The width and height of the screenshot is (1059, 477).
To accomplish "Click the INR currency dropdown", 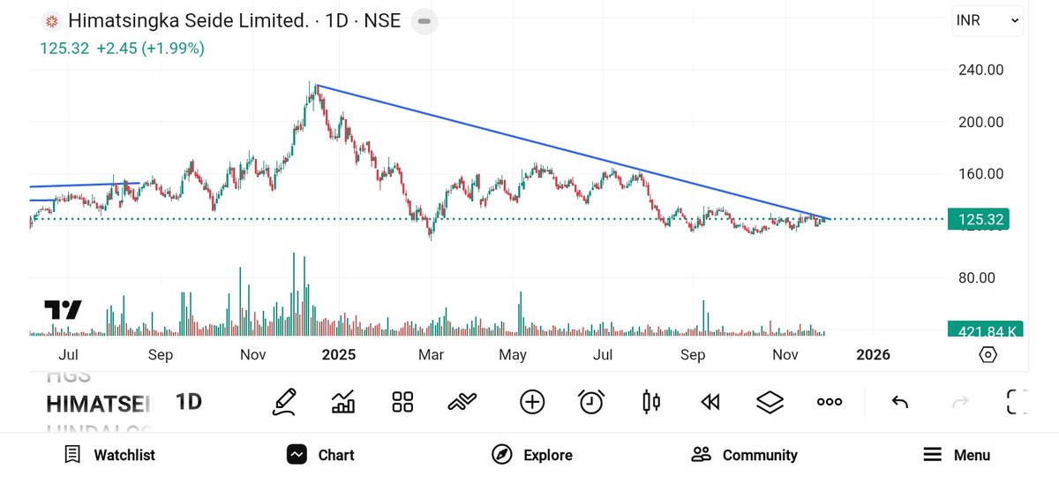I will [988, 19].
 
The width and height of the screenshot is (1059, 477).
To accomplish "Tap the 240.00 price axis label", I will [980, 70].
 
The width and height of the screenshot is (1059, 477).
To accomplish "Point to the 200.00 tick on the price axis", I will [980, 122].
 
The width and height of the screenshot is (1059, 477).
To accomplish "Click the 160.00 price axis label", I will [980, 173].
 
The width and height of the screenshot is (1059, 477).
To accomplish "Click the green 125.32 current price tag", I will [977, 219].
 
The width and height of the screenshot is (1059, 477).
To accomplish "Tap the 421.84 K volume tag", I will [984, 330].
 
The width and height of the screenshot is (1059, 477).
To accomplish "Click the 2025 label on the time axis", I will [338, 355].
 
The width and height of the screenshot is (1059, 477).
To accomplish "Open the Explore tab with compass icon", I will [532, 455].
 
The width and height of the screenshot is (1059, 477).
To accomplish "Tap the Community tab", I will [744, 455].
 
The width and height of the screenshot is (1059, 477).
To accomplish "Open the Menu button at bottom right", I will [957, 455].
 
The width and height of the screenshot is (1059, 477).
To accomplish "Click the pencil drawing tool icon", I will [284, 402].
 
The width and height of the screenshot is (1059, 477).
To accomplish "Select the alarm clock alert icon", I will [591, 402].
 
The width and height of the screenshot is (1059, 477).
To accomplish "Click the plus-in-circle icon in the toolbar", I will [532, 402].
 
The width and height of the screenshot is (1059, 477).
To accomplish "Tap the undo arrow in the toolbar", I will [899, 402].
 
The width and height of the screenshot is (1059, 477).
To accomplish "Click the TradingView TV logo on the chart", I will [63, 310].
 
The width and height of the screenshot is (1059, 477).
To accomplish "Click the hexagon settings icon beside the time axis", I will [988, 355].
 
